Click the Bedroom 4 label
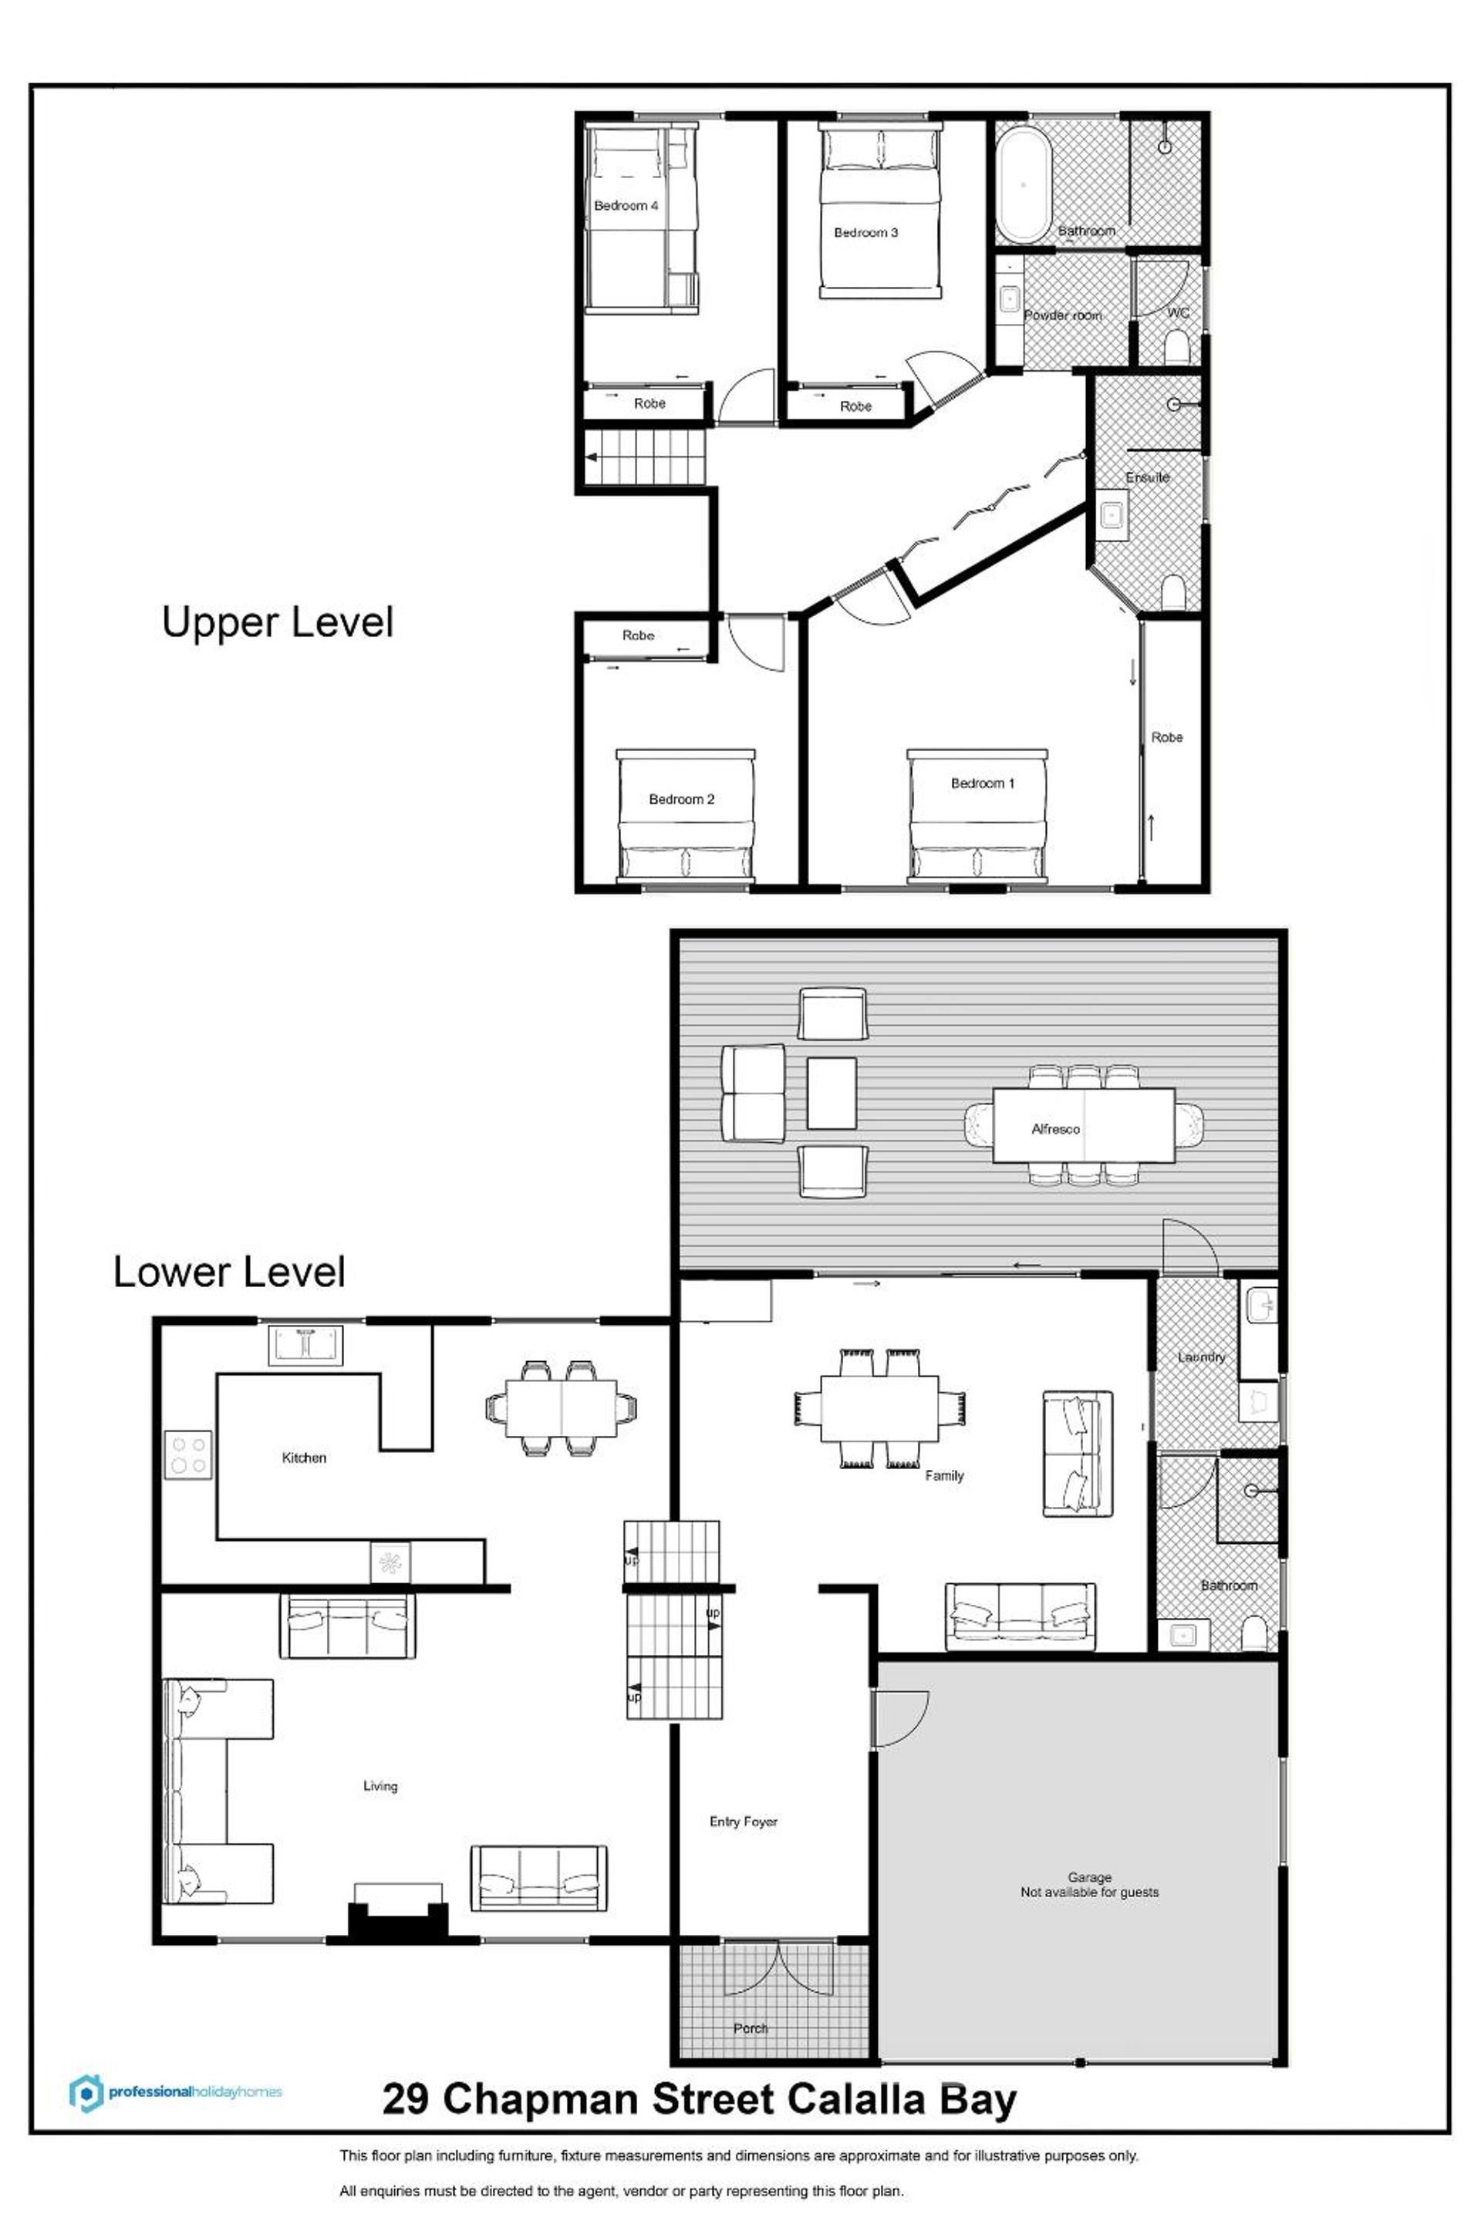point(626,206)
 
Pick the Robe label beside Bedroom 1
point(1166,736)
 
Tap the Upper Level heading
point(277,622)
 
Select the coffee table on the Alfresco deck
point(832,1093)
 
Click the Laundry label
point(1200,1357)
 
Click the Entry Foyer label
point(744,1822)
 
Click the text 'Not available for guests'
point(1089,1892)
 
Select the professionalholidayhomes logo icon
point(86,2092)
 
